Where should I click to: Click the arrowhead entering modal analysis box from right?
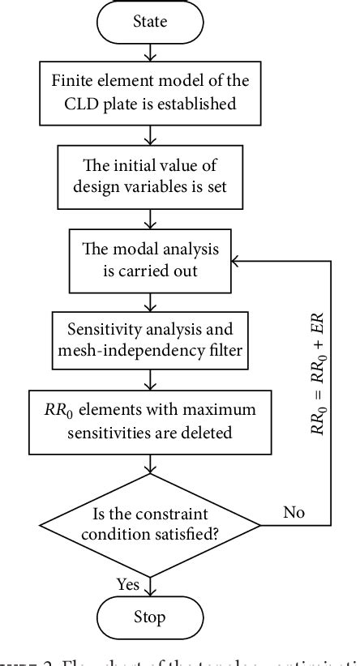(x=236, y=262)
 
